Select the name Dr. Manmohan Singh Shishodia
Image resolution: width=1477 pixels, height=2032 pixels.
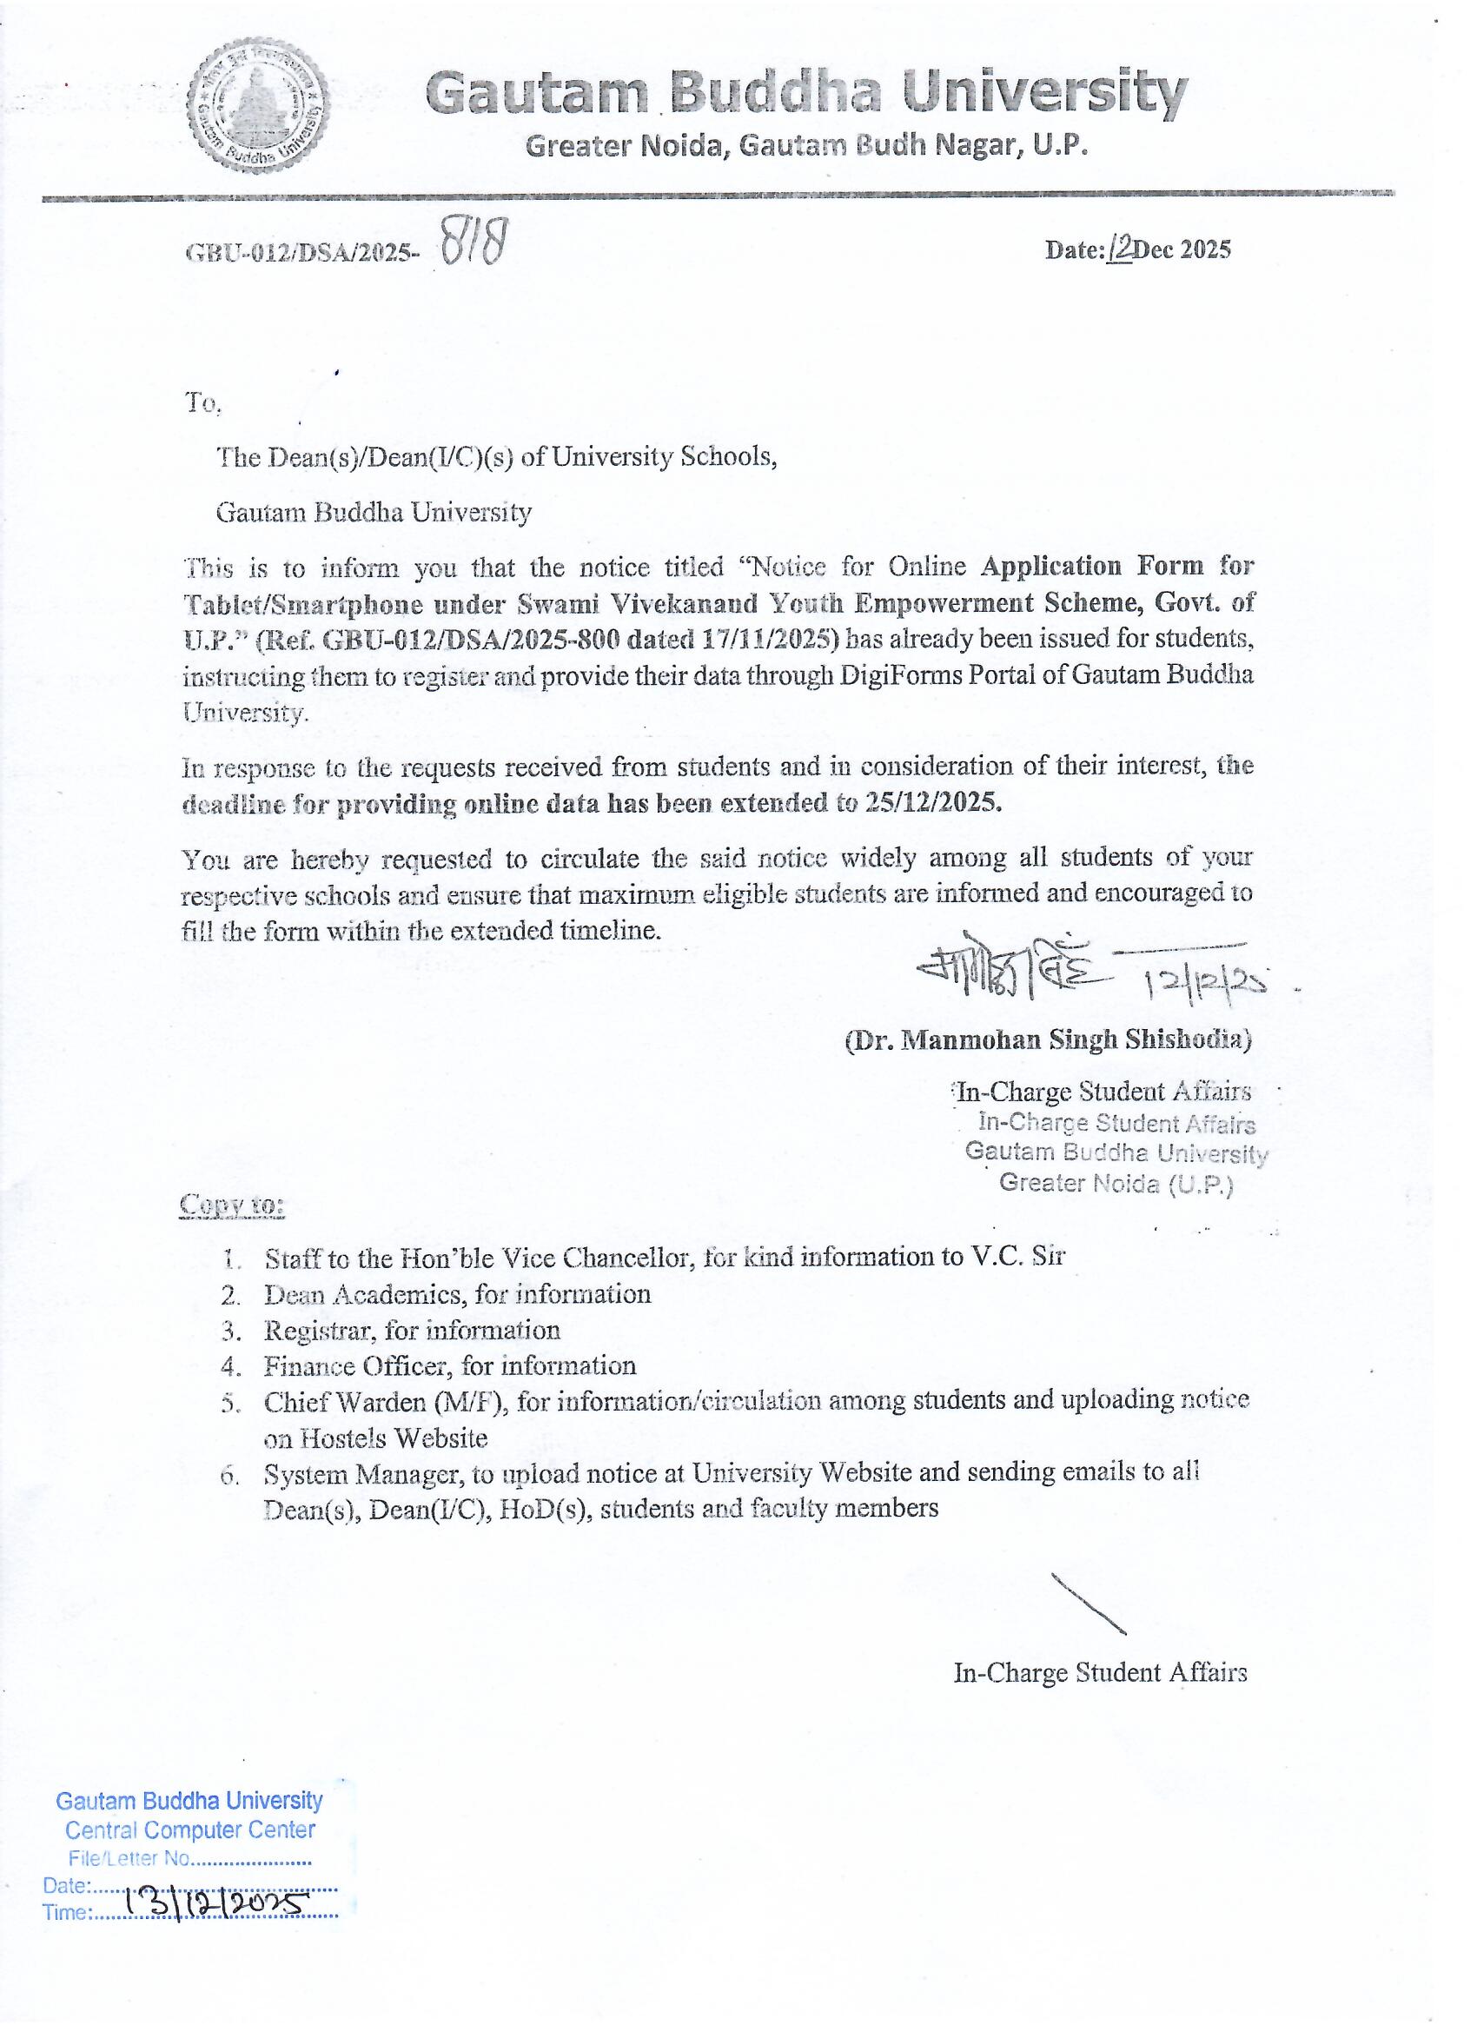coord(1048,1039)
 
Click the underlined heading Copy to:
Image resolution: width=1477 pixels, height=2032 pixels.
coord(232,1205)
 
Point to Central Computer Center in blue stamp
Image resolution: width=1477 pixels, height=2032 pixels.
coord(190,1830)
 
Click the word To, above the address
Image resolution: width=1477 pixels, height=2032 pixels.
coord(202,403)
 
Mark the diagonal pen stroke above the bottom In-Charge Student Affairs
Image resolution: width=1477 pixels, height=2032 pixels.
coord(1089,1604)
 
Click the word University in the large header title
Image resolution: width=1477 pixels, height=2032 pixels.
coord(1044,92)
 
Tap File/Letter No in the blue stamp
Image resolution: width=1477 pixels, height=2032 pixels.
coord(129,1859)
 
